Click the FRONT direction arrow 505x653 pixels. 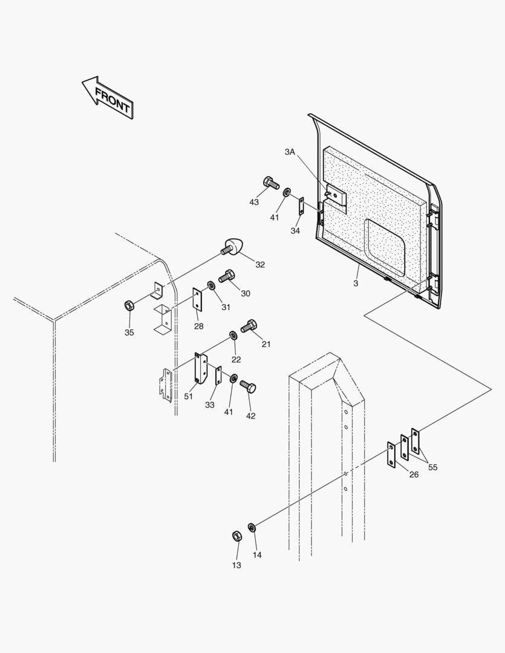[108, 97]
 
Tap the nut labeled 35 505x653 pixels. [129, 304]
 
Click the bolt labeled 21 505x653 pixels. [249, 326]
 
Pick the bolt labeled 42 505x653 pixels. [248, 385]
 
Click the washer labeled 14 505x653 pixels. [252, 527]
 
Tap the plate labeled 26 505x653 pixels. [391, 455]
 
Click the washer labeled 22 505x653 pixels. [233, 336]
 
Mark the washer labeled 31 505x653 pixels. [211, 285]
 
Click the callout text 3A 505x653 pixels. [290, 152]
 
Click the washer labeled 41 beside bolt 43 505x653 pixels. [286, 192]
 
